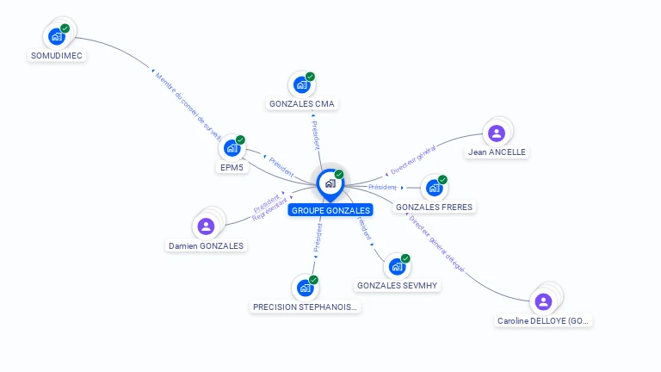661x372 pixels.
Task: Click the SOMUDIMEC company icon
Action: point(56,36)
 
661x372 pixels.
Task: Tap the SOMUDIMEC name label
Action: point(57,56)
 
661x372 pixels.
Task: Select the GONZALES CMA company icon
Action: point(302,84)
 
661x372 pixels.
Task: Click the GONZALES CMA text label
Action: point(302,104)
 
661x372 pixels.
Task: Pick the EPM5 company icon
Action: point(232,148)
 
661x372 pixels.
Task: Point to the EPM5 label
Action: point(232,168)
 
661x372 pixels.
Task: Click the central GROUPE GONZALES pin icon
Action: point(330,183)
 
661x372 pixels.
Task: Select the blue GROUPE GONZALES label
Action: point(331,210)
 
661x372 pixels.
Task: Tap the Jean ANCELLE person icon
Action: point(496,133)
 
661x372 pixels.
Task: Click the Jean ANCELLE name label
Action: point(497,152)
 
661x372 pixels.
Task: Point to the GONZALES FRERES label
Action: point(435,207)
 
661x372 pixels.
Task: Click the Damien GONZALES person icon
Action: point(206,226)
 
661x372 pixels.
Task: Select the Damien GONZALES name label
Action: point(206,245)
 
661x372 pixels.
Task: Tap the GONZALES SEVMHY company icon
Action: point(397,266)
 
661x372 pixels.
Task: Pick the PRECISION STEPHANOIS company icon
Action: point(305,288)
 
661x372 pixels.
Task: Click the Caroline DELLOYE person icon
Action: point(543,301)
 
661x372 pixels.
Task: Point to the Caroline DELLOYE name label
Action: point(544,321)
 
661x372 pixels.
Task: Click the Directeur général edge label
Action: point(414,158)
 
